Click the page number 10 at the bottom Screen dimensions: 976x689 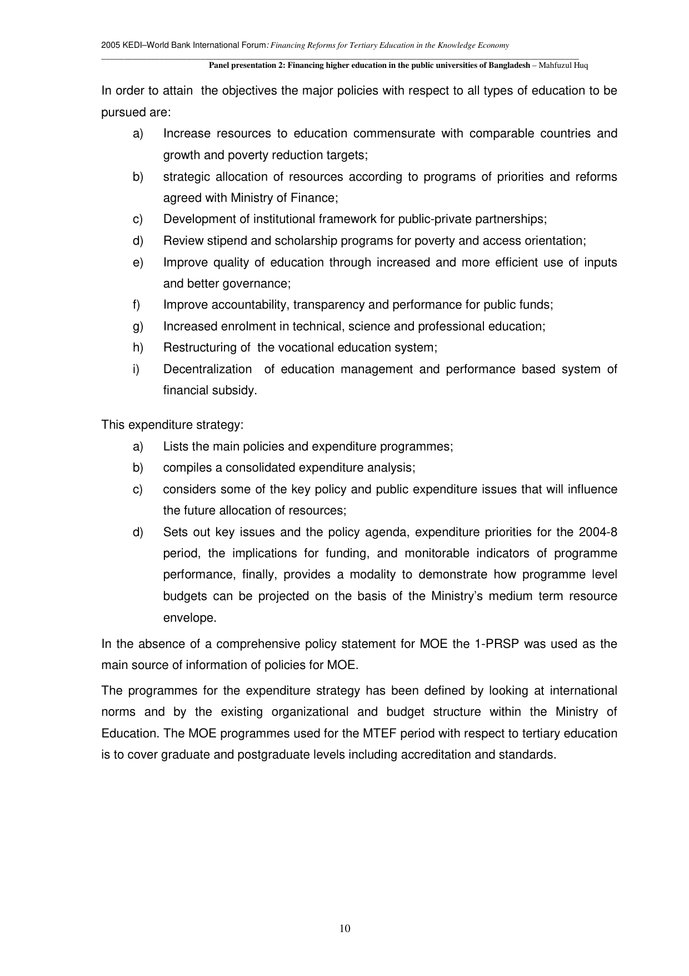pos(344,928)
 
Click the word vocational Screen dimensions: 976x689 pos(305,348)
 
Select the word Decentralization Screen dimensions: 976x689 pos(207,369)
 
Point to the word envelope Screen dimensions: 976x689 pos(189,618)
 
